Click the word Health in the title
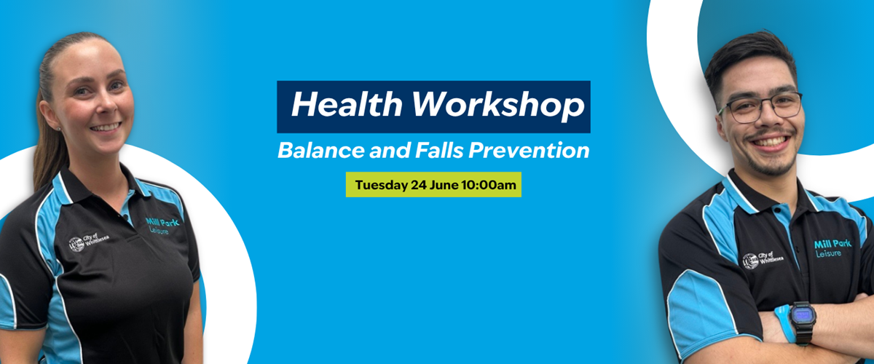[347, 104]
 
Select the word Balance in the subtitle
[320, 150]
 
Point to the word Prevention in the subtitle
[529, 150]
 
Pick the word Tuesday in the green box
[381, 185]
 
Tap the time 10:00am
[489, 184]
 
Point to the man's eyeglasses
[760, 107]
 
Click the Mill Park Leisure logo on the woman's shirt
[162, 226]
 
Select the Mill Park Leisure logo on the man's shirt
[832, 248]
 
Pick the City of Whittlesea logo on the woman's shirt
[89, 242]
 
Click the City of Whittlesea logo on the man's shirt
[763, 260]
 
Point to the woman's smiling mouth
[106, 127]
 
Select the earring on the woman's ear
[59, 128]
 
